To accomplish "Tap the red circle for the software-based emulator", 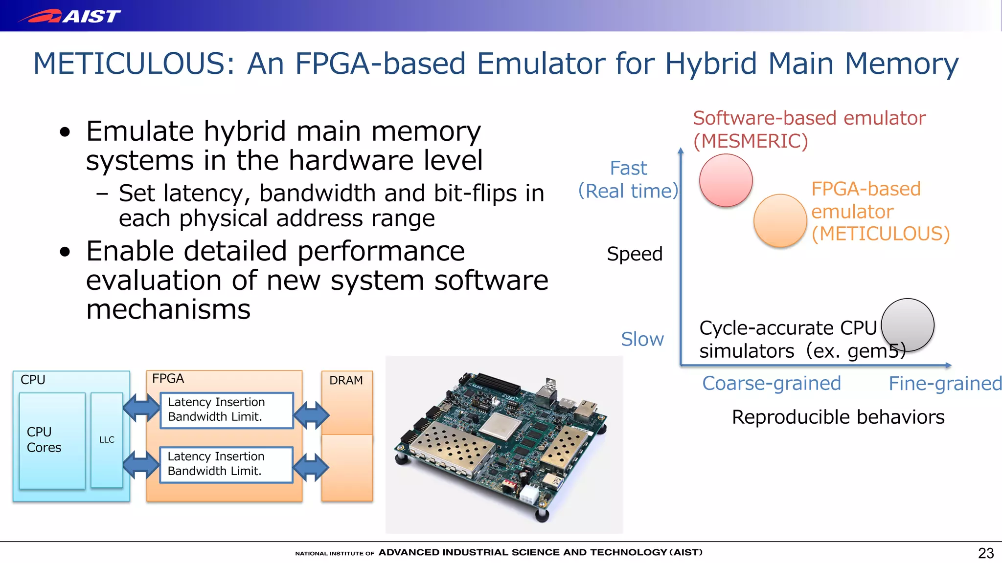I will coord(726,180).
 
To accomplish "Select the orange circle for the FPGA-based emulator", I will coord(780,220).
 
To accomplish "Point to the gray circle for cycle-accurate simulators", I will coord(908,325).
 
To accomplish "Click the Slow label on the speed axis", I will coord(642,339).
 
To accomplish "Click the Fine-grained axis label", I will coord(945,384).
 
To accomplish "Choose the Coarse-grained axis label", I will coord(771,384).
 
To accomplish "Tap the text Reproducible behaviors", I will coord(838,417).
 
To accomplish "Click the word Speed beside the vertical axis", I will coord(635,254).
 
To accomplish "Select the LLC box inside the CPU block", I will coord(107,440).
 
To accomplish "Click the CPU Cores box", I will coord(51,440).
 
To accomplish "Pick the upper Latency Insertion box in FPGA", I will coord(227,410).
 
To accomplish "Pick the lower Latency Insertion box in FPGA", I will coord(227,464).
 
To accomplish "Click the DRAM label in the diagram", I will coord(346,380).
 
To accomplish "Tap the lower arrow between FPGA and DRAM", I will coord(311,467).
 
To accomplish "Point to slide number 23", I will coord(985,553).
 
